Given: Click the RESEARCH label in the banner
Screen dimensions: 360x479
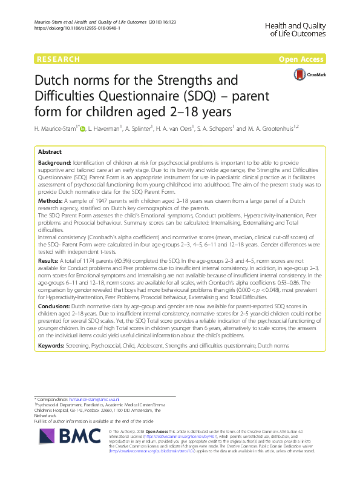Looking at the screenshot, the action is click(x=59, y=59).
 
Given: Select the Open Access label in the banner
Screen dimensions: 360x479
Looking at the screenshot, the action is click(x=301, y=59).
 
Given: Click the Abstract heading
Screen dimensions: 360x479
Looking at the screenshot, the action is click(x=50, y=152).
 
